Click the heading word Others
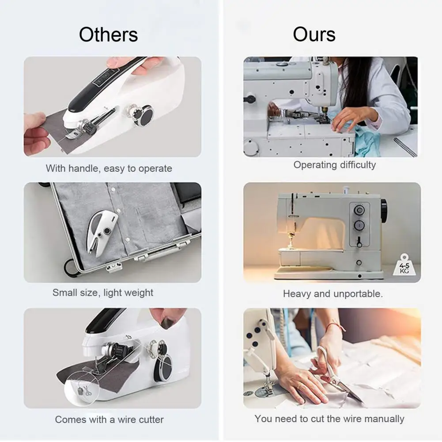(x=109, y=35)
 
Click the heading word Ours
(x=314, y=34)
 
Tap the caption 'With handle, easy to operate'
(x=109, y=168)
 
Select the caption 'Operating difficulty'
(x=335, y=165)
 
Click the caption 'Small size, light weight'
(x=103, y=293)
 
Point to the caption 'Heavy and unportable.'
(x=333, y=294)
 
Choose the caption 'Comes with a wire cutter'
(x=109, y=419)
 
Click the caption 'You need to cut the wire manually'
(x=329, y=419)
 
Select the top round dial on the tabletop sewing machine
(x=359, y=210)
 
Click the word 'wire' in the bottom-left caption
(x=127, y=419)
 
